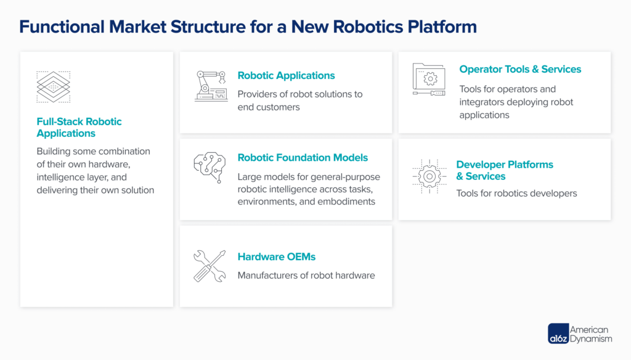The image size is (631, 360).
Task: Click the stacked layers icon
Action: click(x=53, y=87)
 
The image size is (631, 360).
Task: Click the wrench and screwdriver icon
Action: click(x=210, y=266)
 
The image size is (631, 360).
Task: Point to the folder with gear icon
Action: click(x=429, y=80)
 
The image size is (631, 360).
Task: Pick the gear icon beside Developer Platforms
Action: click(x=429, y=176)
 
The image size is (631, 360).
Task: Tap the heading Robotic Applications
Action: click(x=286, y=76)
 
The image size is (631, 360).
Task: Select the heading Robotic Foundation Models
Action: click(x=303, y=158)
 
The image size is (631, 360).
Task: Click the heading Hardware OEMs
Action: click(x=277, y=256)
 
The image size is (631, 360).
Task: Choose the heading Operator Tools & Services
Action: click(x=520, y=70)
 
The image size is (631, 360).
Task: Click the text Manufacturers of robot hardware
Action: click(x=306, y=276)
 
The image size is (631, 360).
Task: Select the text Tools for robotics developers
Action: click(x=516, y=194)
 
